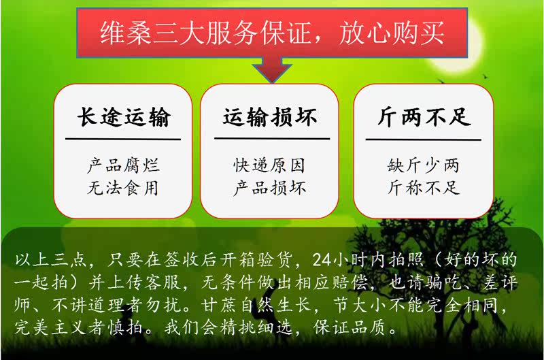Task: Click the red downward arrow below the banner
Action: (272, 70)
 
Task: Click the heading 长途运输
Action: (124, 116)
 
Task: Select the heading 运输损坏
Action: (270, 116)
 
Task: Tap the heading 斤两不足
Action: (424, 116)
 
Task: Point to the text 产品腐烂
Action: (123, 165)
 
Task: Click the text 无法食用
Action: (123, 188)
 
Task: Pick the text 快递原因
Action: (269, 165)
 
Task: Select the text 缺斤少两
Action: (424, 165)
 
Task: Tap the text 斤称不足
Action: (424, 188)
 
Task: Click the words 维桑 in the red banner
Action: (126, 33)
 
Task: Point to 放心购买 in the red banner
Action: (392, 33)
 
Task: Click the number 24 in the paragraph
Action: (322, 260)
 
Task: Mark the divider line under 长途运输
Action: (123, 140)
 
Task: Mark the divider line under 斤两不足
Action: (423, 140)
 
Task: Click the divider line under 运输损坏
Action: (272, 139)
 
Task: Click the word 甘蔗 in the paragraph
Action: (220, 305)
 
